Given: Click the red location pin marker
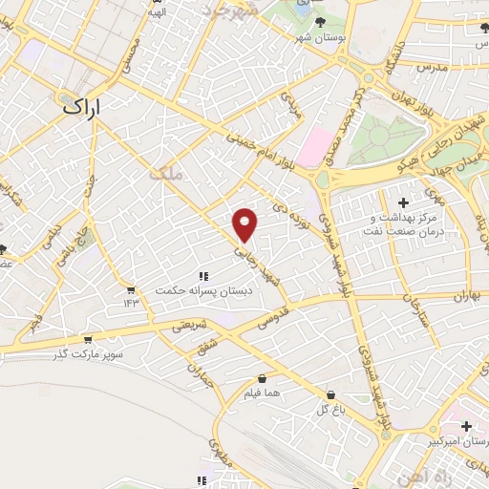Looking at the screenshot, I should coord(245,223).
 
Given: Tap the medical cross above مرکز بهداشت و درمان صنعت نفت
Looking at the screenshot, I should coord(404,202).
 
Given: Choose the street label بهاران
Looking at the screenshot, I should coord(459,298).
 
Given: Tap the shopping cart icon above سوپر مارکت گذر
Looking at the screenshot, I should coord(88,339).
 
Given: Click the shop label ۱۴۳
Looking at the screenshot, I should coord(131,303).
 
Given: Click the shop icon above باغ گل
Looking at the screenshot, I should coord(330,394).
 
